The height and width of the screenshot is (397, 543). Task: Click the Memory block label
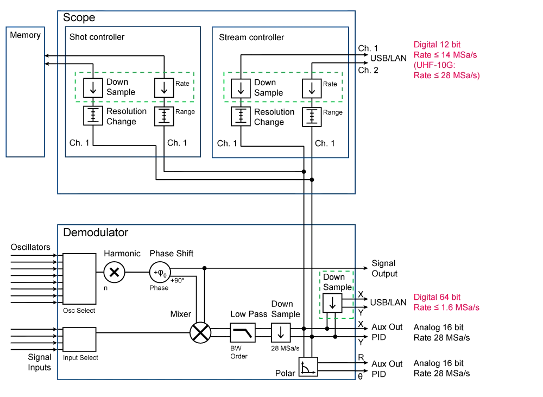25,35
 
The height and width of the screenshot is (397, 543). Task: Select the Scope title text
79,17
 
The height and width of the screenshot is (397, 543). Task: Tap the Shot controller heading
97,37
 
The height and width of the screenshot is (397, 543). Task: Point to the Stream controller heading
251,38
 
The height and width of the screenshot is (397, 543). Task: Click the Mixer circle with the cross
198,332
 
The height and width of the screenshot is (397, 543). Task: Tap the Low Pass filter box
242,332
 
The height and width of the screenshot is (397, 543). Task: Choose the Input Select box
80,338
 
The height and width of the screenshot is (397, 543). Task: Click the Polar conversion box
310,367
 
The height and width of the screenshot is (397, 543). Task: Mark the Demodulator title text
96,233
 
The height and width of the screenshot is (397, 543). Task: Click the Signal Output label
384,268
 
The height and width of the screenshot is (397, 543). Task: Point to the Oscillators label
30,247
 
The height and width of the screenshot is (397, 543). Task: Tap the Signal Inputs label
40,362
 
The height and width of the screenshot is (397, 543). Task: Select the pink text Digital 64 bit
437,297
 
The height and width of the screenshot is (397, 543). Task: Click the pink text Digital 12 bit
436,43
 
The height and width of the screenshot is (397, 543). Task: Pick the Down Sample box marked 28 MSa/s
281,332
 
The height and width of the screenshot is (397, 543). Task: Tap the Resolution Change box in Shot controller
92,115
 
